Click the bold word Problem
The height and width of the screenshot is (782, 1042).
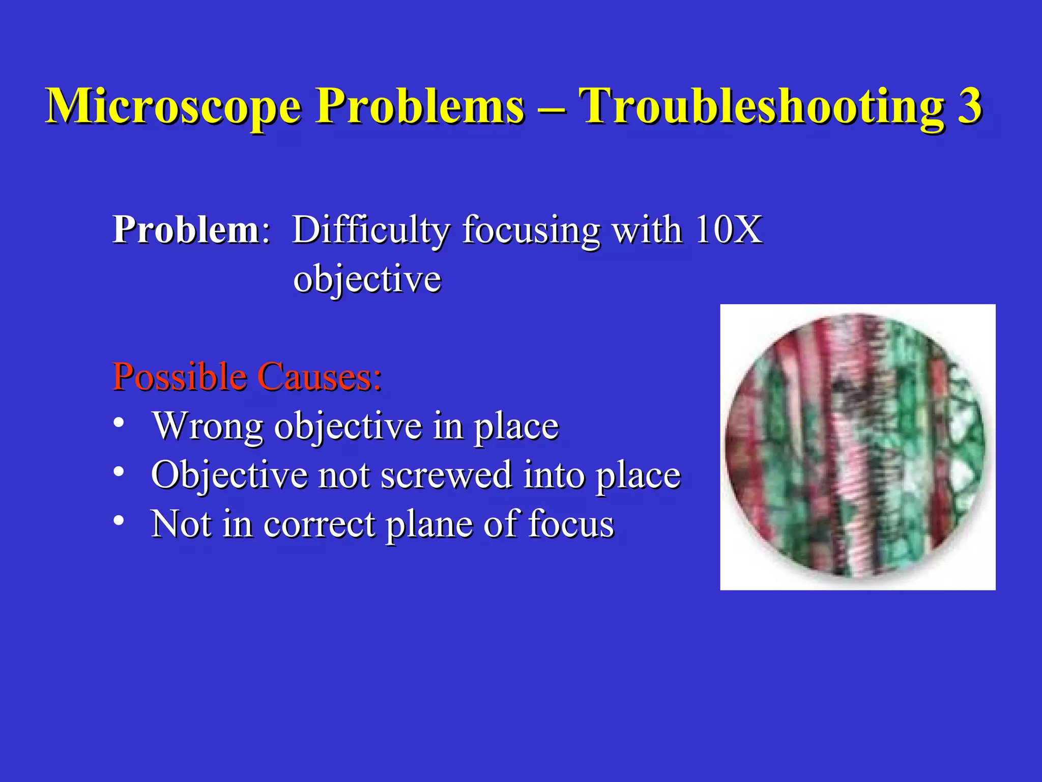[x=186, y=230]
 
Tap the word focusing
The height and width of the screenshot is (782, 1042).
[x=531, y=231]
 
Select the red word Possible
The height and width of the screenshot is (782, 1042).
[x=179, y=377]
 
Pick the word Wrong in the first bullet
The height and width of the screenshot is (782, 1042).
[x=208, y=426]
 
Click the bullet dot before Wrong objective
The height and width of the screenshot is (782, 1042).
[x=119, y=423]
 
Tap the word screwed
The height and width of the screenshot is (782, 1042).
[x=446, y=475]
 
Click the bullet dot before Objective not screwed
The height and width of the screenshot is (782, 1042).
[x=119, y=472]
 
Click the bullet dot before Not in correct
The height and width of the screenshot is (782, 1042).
[x=119, y=521]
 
